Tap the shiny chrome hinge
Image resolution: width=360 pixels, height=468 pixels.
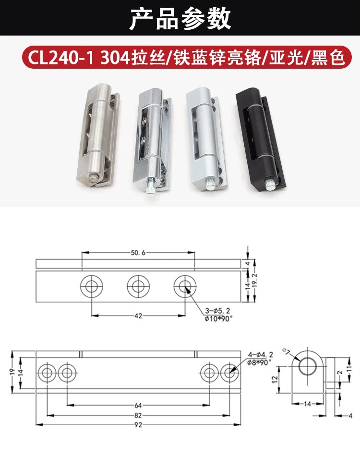(152, 143)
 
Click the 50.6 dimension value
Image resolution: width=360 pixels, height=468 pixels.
(138, 253)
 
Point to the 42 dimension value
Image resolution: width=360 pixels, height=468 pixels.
(138, 316)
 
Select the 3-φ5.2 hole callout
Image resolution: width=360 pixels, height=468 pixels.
(217, 311)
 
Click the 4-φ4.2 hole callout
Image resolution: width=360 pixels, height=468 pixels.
(260, 355)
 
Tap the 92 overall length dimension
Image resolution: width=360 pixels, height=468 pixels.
(138, 425)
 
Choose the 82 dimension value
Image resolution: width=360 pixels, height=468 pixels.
(138, 415)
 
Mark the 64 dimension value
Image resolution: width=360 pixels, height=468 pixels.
(138, 406)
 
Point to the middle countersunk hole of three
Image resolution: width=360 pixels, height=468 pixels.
(138, 286)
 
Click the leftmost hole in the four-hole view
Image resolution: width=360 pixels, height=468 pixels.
(47, 373)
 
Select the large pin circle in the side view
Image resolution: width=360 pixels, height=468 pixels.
(308, 365)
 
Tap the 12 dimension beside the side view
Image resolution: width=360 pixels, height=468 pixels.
(275, 380)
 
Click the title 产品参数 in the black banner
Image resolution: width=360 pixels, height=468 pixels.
(180, 19)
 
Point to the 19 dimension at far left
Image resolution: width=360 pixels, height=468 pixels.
(12, 372)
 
